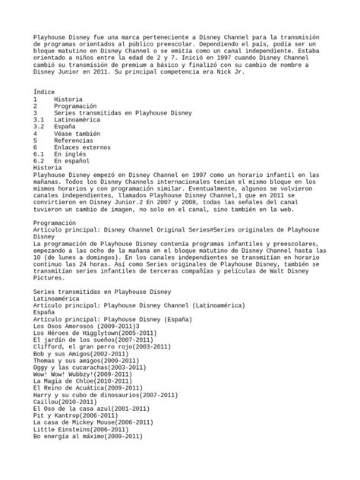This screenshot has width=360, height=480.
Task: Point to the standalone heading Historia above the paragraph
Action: click(x=49, y=167)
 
